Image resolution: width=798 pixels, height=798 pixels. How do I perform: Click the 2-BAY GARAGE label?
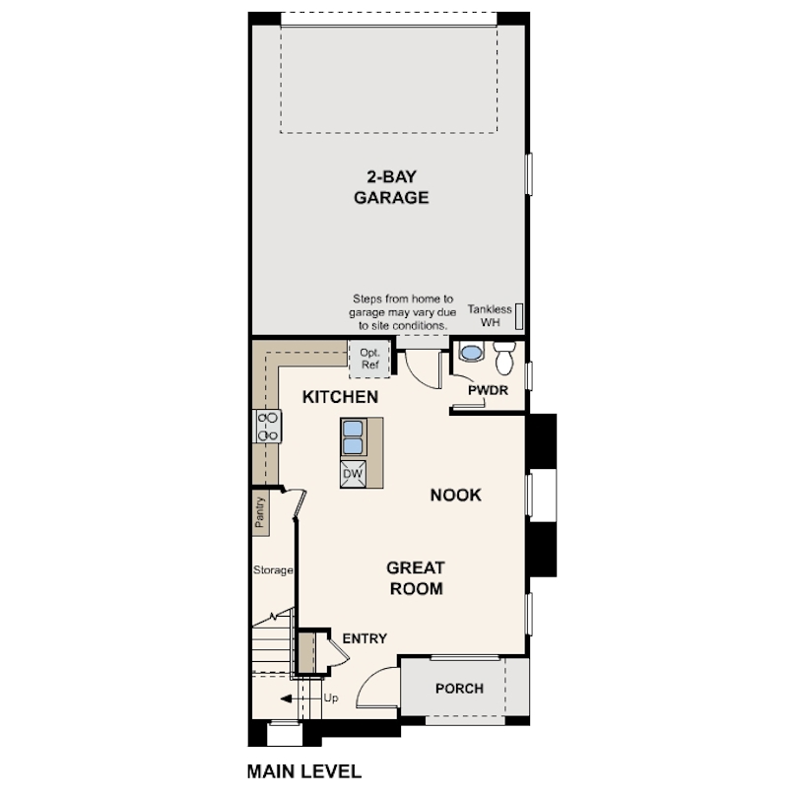[391, 187]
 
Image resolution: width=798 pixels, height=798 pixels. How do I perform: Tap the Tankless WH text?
[490, 315]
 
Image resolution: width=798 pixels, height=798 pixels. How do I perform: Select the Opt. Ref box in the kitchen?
[369, 359]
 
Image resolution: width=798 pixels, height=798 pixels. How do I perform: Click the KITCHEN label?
[340, 397]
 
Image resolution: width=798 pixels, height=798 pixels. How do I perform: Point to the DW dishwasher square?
[353, 474]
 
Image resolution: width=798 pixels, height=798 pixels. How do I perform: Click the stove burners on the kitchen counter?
[268, 426]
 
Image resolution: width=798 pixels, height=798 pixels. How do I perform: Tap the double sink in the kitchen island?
[354, 434]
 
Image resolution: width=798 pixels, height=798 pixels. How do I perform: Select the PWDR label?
[487, 389]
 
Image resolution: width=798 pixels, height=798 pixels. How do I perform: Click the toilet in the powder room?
[504, 360]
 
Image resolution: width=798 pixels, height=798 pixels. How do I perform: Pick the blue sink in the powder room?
[471, 352]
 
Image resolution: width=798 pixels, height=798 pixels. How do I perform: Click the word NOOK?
[455, 495]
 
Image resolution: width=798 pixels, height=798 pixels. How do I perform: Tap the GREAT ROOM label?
[415, 578]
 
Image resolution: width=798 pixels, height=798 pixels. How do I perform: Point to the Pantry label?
[260, 512]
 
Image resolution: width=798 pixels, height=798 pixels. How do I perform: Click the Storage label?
[273, 569]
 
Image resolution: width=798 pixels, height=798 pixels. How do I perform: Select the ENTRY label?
[365, 638]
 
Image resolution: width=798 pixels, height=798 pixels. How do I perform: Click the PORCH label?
[459, 688]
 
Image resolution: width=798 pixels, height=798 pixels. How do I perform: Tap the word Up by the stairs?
[331, 698]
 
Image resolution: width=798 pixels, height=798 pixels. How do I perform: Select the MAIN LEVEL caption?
[303, 770]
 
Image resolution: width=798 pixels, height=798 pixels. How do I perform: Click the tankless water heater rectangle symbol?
[519, 315]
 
